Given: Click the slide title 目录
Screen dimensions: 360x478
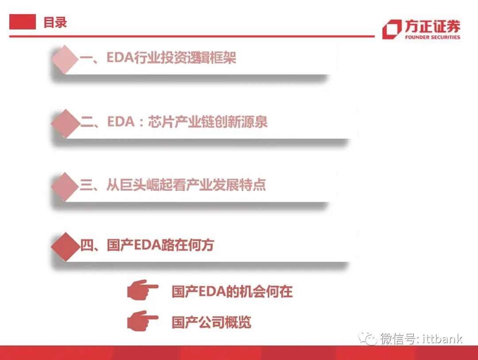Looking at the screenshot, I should [55, 22].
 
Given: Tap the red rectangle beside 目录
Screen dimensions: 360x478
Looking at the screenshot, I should [23, 22].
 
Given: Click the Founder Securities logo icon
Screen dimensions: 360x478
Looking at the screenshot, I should [392, 29].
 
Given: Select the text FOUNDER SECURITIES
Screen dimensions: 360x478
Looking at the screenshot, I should [432, 37].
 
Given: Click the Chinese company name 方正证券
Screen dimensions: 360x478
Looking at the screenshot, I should [432, 26].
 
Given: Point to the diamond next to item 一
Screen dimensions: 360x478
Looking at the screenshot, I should [65, 58].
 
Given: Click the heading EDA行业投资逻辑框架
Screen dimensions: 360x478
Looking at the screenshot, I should [171, 58].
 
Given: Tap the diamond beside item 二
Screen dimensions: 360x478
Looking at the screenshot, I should [65, 123].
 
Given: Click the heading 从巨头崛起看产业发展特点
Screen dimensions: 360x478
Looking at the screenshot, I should [186, 185].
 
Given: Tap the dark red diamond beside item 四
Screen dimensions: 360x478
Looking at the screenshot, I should [65, 246].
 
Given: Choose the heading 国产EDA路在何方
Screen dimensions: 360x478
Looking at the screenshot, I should [161, 245].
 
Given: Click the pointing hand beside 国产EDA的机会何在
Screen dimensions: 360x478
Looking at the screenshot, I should [142, 290].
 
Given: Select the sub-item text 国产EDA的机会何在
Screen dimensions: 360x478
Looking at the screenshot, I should [232, 292].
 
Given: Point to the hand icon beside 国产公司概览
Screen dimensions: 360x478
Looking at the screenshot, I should [142, 321].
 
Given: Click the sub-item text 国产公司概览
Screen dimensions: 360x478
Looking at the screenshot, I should [212, 322].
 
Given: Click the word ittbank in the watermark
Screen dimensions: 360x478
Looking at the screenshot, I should [442, 339].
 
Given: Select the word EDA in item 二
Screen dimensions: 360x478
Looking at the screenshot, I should [121, 122].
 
